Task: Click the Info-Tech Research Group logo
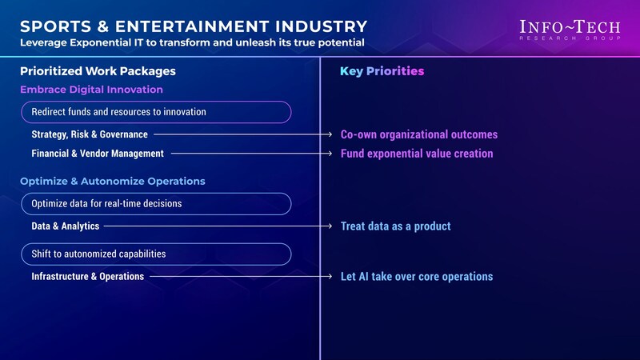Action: [x=570, y=30]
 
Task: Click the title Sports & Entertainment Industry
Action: [x=194, y=26]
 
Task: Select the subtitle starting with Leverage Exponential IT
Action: [x=192, y=42]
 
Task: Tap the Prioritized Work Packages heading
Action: [x=98, y=71]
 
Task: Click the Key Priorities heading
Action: [x=382, y=71]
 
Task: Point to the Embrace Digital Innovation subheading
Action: [x=91, y=90]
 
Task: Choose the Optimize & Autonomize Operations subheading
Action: [x=113, y=182]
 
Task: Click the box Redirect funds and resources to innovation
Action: [x=156, y=112]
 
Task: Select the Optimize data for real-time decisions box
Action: [x=156, y=204]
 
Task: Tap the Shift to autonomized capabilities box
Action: [x=156, y=254]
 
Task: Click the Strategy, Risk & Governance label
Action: [x=90, y=134]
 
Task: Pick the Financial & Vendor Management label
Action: [x=98, y=154]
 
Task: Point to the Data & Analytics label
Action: [x=66, y=226]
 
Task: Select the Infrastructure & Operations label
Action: [x=88, y=276]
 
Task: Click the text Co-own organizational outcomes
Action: [x=419, y=134]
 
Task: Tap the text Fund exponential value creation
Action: [x=417, y=154]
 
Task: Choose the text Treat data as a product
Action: [x=395, y=226]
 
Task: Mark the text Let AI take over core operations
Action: [x=417, y=276]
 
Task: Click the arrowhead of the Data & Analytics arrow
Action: [x=330, y=226]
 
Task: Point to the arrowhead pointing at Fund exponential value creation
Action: [x=330, y=154]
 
